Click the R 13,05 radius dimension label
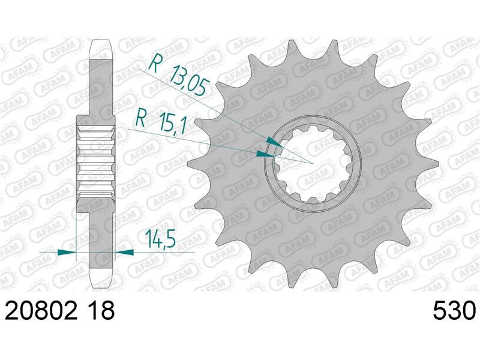(x=179, y=77)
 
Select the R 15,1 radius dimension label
(x=160, y=121)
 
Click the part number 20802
(x=41, y=310)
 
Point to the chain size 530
(x=454, y=310)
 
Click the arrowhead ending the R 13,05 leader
(x=274, y=142)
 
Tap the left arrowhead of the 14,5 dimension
(x=67, y=252)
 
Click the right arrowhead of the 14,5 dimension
(x=124, y=252)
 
